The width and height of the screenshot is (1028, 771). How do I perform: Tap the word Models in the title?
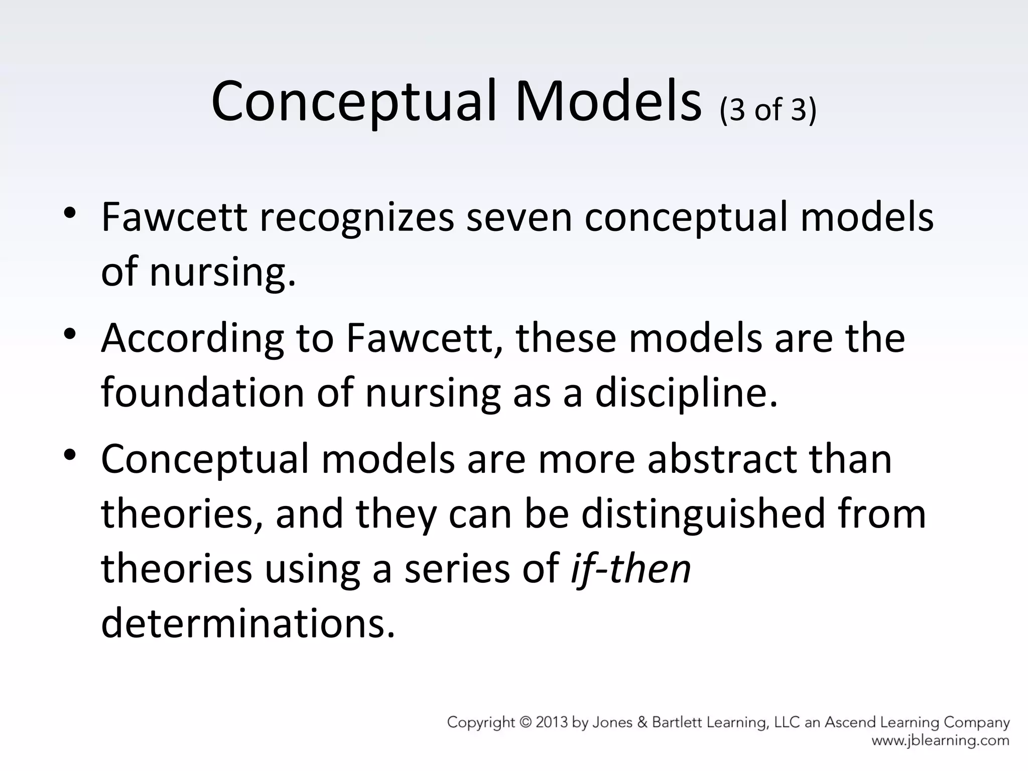[x=608, y=101]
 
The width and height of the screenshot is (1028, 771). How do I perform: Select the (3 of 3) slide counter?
[x=768, y=109]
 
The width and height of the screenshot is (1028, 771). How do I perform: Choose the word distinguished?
[x=703, y=513]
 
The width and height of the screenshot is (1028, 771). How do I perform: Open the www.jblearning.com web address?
[x=940, y=740]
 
